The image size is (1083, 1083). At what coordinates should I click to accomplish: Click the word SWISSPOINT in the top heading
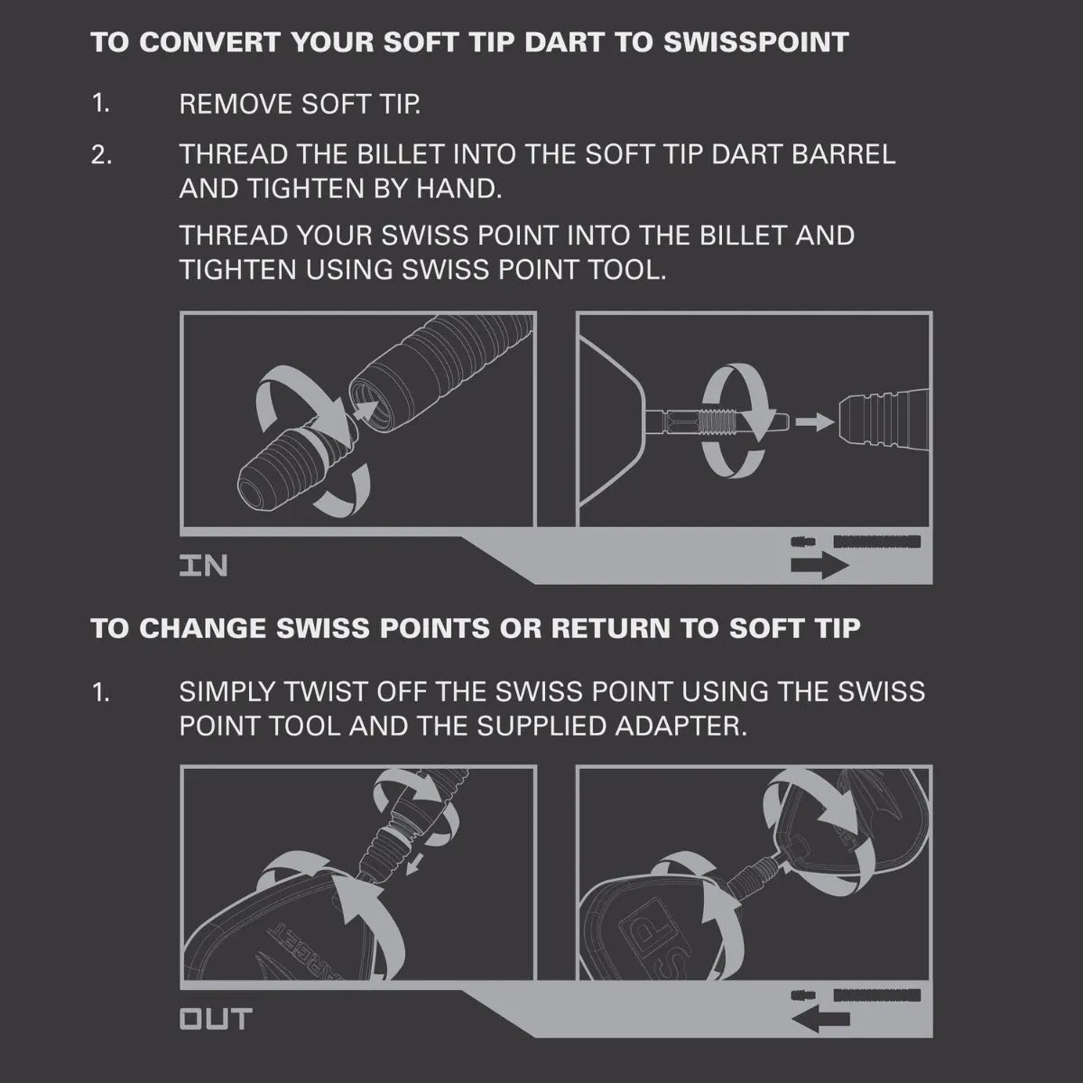tap(756, 42)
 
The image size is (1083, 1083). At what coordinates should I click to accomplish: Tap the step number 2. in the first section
tap(102, 154)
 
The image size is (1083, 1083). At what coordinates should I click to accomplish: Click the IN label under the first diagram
tap(204, 566)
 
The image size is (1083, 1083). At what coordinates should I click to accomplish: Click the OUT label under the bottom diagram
tap(215, 1020)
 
